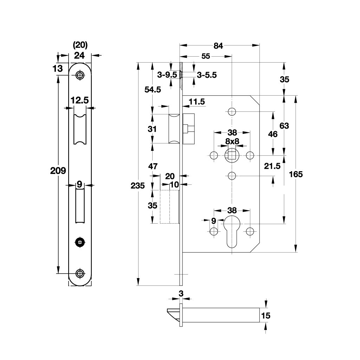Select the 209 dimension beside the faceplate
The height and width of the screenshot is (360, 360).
58,171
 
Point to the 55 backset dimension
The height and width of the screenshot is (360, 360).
206,56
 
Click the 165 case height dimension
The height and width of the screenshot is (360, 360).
296,174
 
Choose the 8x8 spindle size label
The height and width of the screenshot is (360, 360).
232,141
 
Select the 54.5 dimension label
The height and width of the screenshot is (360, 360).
153,90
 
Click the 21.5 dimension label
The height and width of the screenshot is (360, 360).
273,166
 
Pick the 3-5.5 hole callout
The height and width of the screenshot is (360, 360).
207,75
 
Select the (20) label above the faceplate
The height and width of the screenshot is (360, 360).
80,45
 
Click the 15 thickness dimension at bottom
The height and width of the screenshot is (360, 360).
266,316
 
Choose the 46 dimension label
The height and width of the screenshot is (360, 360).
272,134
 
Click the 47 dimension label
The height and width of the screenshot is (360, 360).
153,166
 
